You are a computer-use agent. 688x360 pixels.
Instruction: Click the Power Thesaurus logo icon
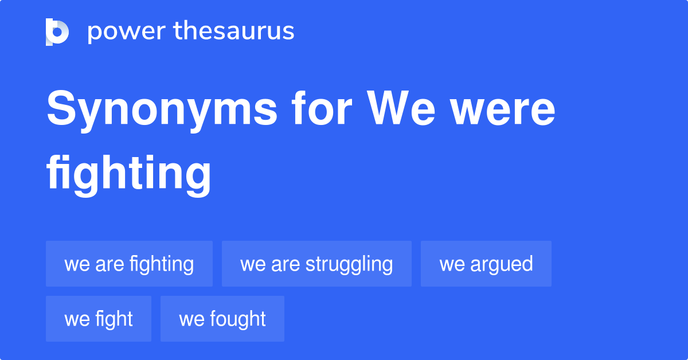pyautogui.click(x=57, y=32)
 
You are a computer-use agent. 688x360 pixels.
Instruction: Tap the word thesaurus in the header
pyautogui.click(x=234, y=30)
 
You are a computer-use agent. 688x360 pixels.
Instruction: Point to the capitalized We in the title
pyautogui.click(x=401, y=108)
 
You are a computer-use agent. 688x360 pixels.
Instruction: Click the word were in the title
pyautogui.click(x=503, y=112)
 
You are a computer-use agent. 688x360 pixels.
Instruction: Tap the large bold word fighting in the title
pyautogui.click(x=128, y=175)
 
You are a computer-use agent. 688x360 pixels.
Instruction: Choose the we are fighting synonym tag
pyautogui.click(x=130, y=264)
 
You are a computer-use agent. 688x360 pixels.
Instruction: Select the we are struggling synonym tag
pyautogui.click(x=316, y=264)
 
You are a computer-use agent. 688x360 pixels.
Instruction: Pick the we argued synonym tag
pyautogui.click(x=486, y=264)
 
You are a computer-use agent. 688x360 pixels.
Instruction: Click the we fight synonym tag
pyautogui.click(x=99, y=319)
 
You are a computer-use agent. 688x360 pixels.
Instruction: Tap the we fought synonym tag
pyautogui.click(x=222, y=319)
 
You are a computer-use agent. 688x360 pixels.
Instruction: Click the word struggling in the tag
pyautogui.click(x=349, y=265)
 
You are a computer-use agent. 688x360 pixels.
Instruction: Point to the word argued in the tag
pyautogui.click(x=502, y=265)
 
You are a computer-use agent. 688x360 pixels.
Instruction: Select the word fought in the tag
pyautogui.click(x=238, y=319)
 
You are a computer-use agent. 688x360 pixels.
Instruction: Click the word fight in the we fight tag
pyautogui.click(x=114, y=319)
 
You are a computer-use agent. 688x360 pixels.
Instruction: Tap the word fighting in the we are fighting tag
pyautogui.click(x=162, y=265)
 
